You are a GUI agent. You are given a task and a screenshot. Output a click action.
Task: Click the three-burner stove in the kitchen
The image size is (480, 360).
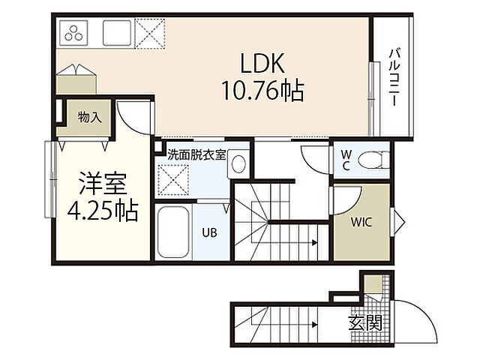coord(73,33)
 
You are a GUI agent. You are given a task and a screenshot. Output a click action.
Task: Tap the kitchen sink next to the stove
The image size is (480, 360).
coord(117,33)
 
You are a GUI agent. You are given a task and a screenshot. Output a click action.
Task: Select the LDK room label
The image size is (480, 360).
coord(262,63)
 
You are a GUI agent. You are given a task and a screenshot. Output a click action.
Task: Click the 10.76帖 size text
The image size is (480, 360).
coord(263,91)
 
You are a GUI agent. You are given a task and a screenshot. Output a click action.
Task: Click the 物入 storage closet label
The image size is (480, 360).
coord(90,117)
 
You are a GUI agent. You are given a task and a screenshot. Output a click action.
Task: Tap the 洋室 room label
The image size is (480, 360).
coord(103,184)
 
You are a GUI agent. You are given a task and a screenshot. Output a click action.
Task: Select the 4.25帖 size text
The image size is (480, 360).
coord(103,211)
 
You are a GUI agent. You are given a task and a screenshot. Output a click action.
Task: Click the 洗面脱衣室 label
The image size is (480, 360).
coord(196,155)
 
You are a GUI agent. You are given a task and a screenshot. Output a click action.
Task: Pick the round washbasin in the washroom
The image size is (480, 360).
coord(238,164)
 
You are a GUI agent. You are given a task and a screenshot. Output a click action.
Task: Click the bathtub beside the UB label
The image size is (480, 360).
coord(173,232)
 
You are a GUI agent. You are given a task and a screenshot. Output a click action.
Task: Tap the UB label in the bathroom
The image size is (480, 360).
coord(209,232)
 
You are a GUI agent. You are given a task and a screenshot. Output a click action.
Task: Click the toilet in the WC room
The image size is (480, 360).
coord(373,160)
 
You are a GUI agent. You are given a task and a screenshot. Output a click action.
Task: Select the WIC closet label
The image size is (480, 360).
coord(361,222)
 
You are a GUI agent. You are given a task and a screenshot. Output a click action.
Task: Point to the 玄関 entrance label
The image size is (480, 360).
coord(365,323)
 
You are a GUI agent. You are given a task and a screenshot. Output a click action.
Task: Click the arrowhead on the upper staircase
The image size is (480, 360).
coord(314,243)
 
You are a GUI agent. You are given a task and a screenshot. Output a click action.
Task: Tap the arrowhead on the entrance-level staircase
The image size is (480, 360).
coord(314,325)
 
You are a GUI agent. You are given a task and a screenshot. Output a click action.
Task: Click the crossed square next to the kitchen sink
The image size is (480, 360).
coord(150,33)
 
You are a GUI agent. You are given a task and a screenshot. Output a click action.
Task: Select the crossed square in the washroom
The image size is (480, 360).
coord(173,179)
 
